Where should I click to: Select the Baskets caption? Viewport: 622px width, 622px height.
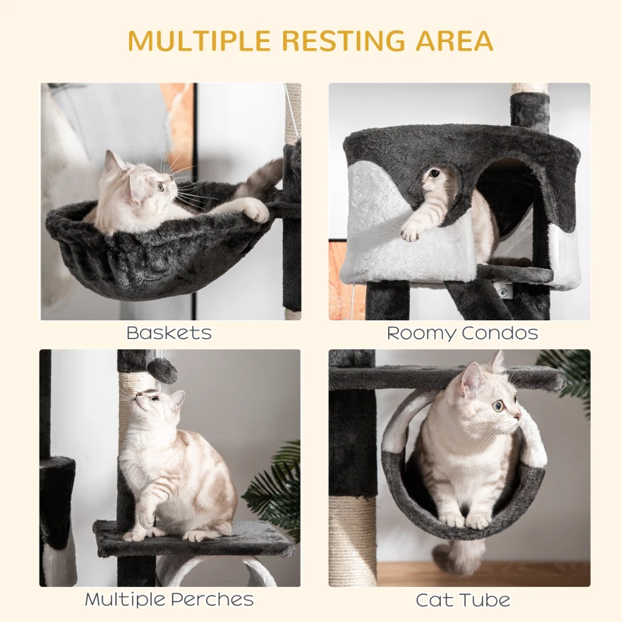click(169, 334)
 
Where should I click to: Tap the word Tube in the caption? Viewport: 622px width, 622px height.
click(487, 600)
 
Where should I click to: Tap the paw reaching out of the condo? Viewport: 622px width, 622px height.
click(411, 230)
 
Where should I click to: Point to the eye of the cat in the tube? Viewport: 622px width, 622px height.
click(497, 406)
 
